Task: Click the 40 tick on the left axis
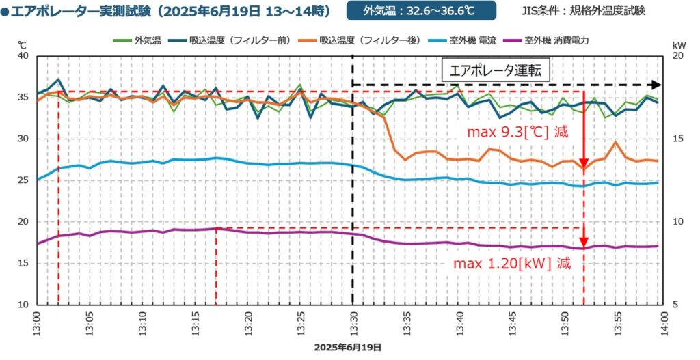tap(22, 56)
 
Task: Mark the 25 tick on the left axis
tap(22, 180)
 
